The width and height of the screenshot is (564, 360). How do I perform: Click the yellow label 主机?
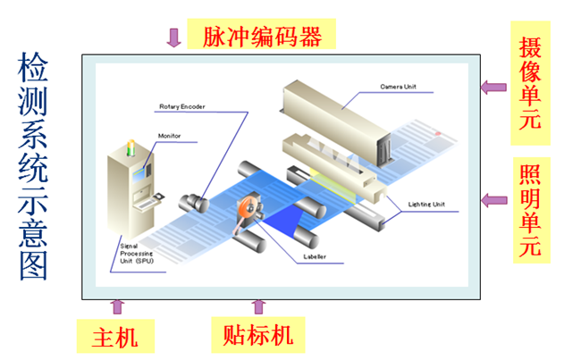tap(115, 337)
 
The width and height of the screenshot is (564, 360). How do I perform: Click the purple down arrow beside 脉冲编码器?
tap(173, 37)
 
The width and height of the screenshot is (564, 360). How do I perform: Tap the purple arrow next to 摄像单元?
tap(490, 87)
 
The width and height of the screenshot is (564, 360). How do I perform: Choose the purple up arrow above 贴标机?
tap(259, 307)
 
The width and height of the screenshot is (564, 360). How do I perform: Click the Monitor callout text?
tap(169, 136)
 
